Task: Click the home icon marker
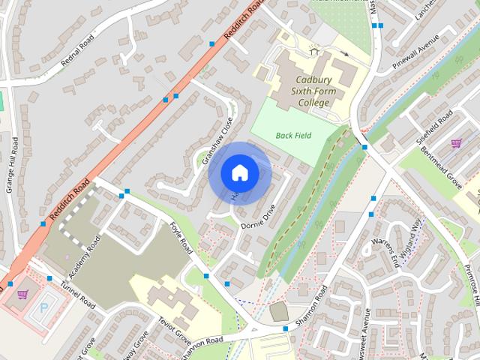(x=240, y=172)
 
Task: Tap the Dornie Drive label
(x=259, y=217)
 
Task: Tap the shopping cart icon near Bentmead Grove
(x=455, y=143)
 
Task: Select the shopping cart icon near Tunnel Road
(x=22, y=295)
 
